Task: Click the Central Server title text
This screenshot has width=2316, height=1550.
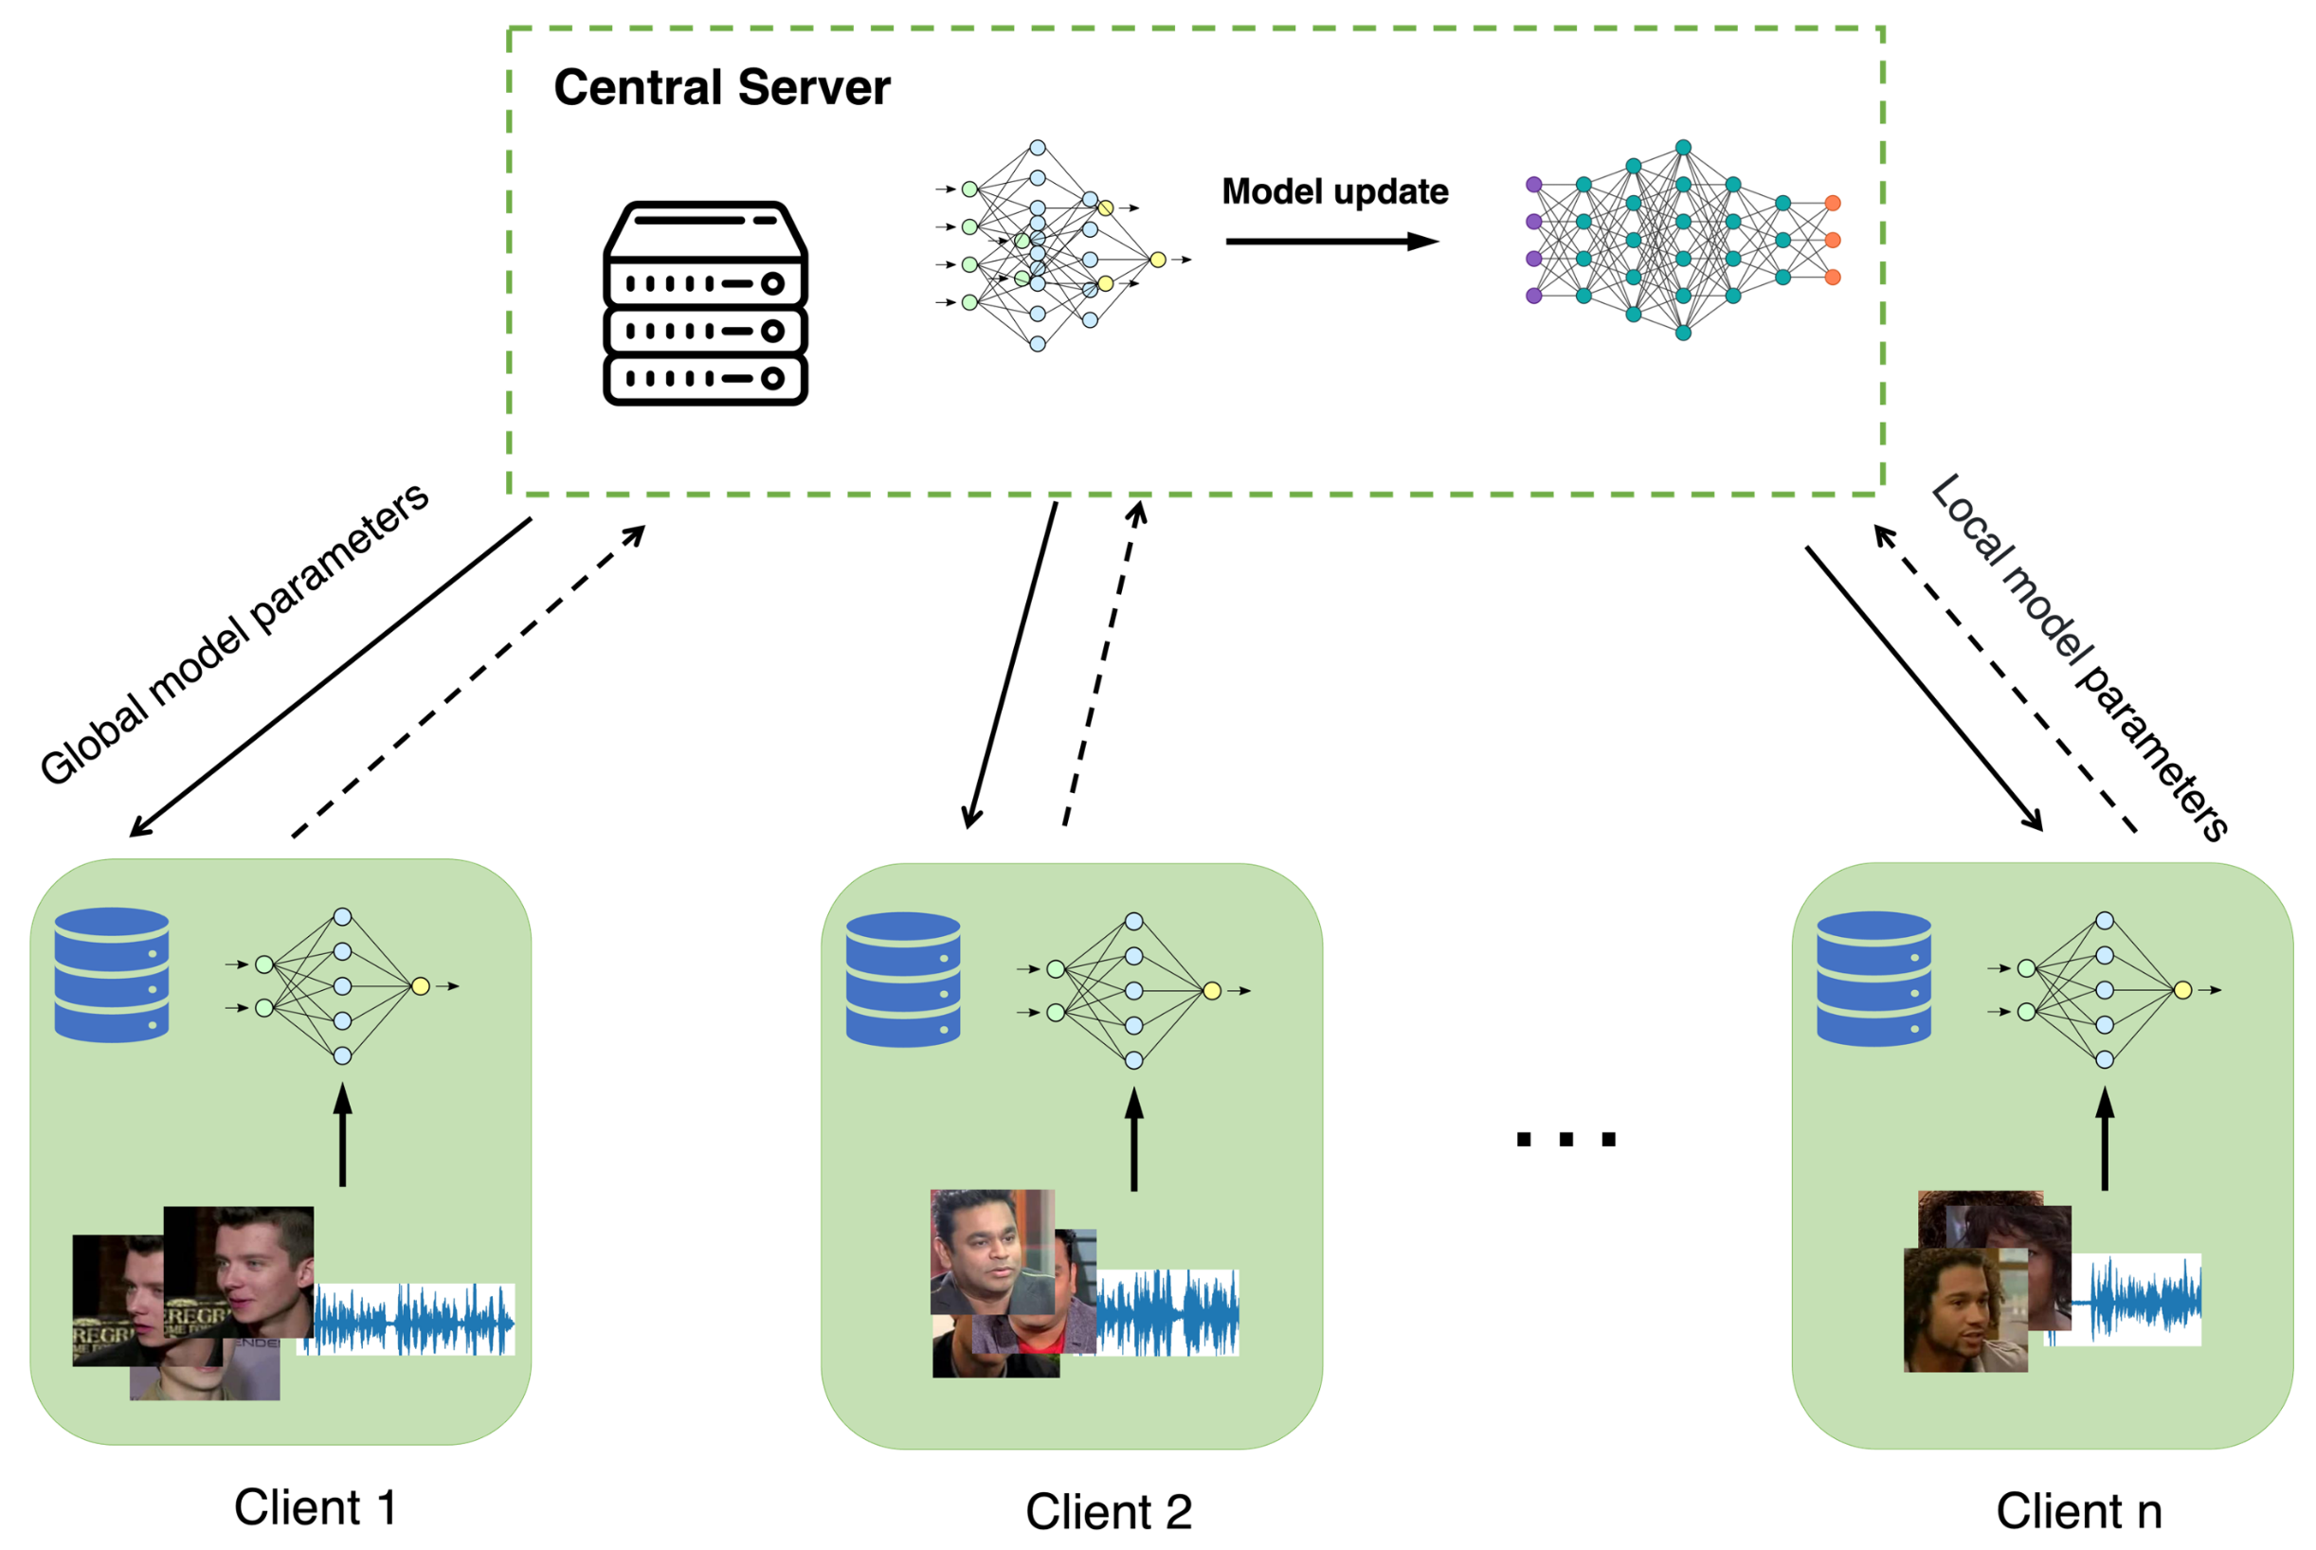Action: click(720, 88)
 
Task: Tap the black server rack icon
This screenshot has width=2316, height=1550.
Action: click(705, 303)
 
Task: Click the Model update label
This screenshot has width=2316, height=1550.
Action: click(1334, 191)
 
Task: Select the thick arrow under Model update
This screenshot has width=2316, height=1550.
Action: click(1330, 242)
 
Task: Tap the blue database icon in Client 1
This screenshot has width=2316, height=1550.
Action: click(112, 975)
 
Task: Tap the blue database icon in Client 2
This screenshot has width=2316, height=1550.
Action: click(902, 979)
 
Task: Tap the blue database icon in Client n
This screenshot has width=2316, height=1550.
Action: click(1873, 978)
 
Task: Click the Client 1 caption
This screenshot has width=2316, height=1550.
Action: click(315, 1507)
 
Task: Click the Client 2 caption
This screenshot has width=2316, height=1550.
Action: click(1108, 1511)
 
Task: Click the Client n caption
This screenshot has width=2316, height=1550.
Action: click(2079, 1510)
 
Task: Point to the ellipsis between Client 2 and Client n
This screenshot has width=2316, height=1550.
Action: click(1565, 1140)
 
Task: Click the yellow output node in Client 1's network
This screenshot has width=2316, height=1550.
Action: click(420, 985)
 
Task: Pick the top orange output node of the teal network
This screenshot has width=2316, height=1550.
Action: click(1832, 203)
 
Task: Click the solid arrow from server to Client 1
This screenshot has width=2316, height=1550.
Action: click(331, 677)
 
